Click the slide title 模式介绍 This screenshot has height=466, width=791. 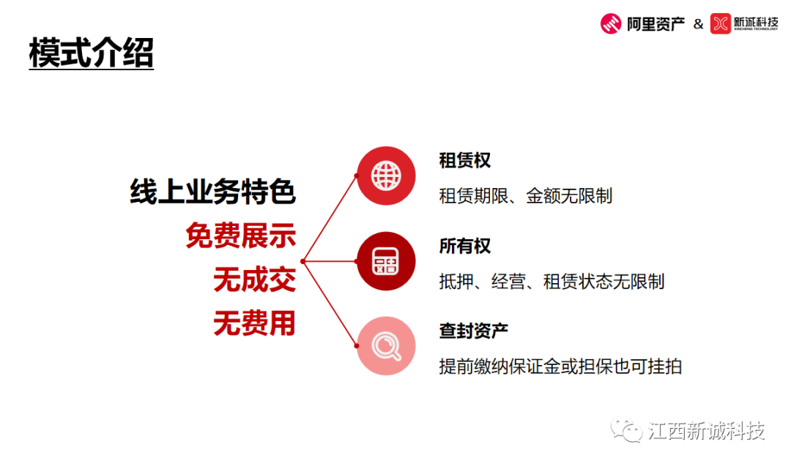point(92,53)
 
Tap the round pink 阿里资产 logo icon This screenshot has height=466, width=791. point(610,23)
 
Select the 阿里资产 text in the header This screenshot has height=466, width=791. point(656,23)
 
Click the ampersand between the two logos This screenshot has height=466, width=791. point(698,23)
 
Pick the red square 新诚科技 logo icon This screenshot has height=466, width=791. point(721,23)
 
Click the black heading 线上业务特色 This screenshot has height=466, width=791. point(213,192)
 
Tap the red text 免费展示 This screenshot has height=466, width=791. point(241,236)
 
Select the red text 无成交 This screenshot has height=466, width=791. point(254,279)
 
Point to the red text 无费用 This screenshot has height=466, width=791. point(254,323)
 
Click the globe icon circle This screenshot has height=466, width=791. point(386,176)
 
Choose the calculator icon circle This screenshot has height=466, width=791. point(386,261)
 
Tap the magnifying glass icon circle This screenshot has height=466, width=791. point(386,346)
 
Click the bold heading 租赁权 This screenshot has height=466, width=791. point(464,161)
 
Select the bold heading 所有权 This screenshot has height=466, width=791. point(464,246)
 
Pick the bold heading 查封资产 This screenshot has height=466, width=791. point(473,331)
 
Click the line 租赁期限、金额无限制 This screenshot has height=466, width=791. point(526,195)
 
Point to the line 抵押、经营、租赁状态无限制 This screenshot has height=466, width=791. point(552,281)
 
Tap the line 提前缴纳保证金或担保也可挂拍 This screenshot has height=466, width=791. point(560,367)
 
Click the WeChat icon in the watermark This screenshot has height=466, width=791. point(626,429)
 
